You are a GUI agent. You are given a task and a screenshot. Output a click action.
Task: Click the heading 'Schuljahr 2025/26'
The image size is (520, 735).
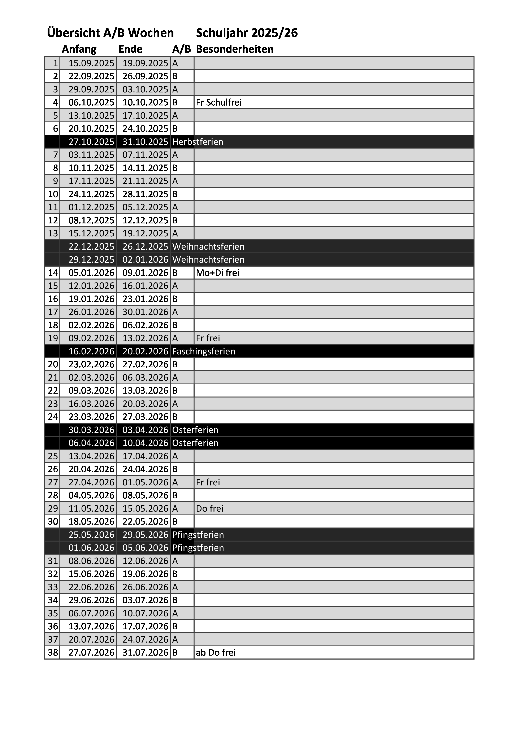(x=247, y=33)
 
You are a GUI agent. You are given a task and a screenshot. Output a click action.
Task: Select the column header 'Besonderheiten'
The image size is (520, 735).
(x=234, y=49)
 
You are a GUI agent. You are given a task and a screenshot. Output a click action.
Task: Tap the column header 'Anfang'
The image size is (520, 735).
(x=79, y=49)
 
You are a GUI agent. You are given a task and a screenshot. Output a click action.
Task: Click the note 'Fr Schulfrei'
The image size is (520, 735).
(x=219, y=102)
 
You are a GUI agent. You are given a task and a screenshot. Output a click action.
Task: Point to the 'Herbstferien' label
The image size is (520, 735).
(x=198, y=142)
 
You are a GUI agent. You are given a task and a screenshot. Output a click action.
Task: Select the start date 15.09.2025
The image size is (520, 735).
(x=91, y=63)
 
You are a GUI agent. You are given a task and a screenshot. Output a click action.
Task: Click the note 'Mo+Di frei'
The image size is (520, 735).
(x=217, y=273)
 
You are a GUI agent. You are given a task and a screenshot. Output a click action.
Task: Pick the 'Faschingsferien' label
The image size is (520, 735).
(x=204, y=351)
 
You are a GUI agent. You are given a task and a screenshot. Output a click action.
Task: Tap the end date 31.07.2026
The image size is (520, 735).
(x=145, y=653)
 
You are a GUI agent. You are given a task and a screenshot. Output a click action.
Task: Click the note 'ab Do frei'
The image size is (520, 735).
(x=216, y=653)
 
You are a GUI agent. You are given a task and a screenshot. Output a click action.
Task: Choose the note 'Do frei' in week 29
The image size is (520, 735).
(x=209, y=509)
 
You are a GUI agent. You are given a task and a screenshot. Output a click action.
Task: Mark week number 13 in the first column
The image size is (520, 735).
(x=53, y=233)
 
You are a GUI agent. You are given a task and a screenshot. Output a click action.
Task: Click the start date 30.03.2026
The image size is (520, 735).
(x=91, y=430)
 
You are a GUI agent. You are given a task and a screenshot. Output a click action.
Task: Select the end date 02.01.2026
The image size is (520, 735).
(x=145, y=260)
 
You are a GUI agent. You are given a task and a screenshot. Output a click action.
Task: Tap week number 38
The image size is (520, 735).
(x=53, y=653)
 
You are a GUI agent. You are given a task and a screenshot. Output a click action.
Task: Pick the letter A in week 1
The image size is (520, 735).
(x=175, y=63)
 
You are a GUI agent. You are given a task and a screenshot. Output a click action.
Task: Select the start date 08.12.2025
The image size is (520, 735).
(x=91, y=220)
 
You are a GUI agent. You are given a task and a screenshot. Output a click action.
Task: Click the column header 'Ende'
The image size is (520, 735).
(x=130, y=49)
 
